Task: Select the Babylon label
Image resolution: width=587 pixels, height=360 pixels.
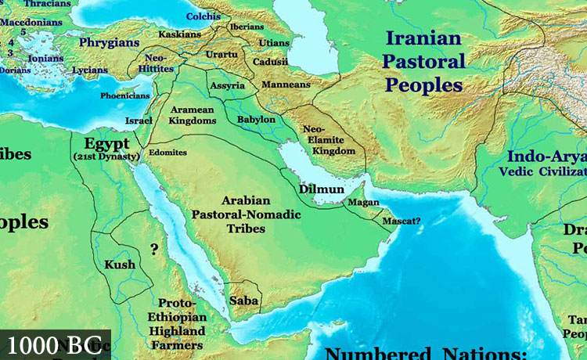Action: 257,120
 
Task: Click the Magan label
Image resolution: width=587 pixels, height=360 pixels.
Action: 363,203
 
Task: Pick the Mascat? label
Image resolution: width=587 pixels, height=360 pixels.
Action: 401,221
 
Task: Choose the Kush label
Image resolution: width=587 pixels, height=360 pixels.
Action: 120,265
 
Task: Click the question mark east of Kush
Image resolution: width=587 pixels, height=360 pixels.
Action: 154,250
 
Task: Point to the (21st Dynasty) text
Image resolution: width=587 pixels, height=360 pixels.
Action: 106,157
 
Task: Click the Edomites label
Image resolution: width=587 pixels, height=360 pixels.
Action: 167,153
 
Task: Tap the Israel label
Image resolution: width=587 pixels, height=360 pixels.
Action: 138,121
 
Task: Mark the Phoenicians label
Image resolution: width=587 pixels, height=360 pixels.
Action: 124,95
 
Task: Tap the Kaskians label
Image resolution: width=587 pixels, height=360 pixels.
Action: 180,34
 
